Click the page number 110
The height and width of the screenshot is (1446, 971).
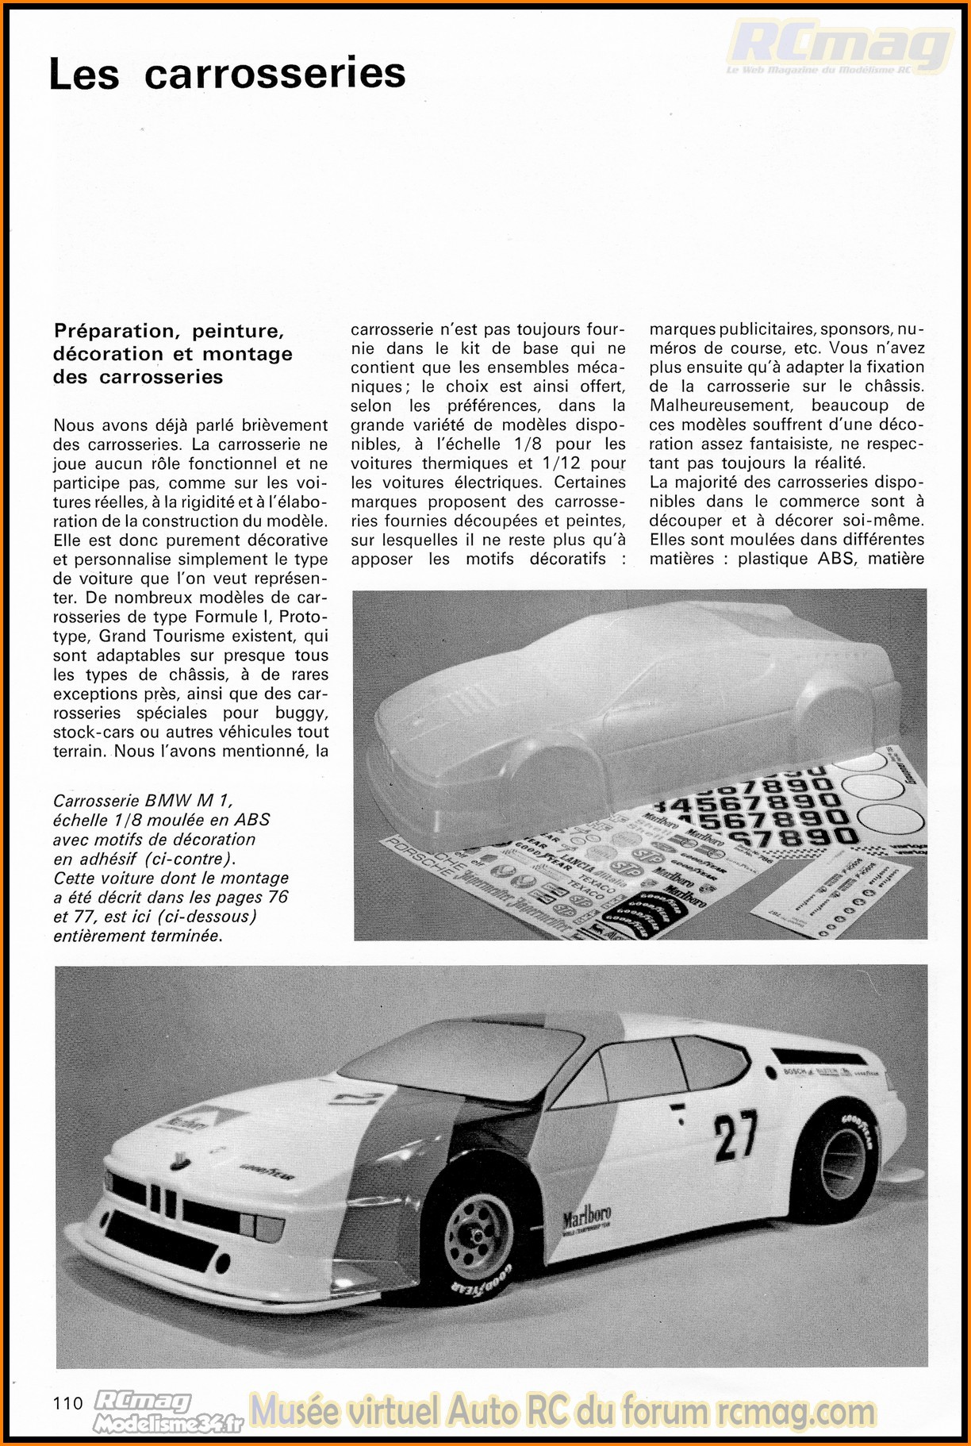pos(68,1403)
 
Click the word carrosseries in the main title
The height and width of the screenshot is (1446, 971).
pos(274,74)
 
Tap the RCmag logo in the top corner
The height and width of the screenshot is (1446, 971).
pos(839,46)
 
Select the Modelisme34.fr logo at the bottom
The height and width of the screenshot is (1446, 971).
pos(168,1424)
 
